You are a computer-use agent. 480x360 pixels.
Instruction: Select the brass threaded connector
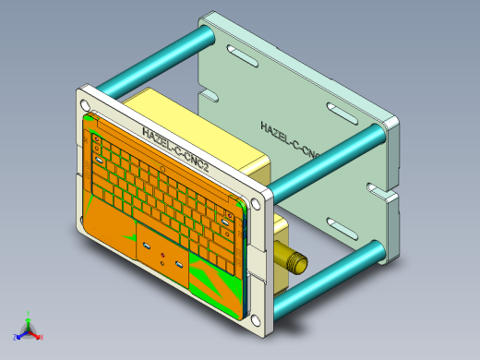[x=292, y=261]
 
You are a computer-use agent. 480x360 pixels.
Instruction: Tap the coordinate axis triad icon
[x=28, y=328]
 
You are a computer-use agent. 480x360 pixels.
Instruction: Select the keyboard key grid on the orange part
[x=162, y=190]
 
